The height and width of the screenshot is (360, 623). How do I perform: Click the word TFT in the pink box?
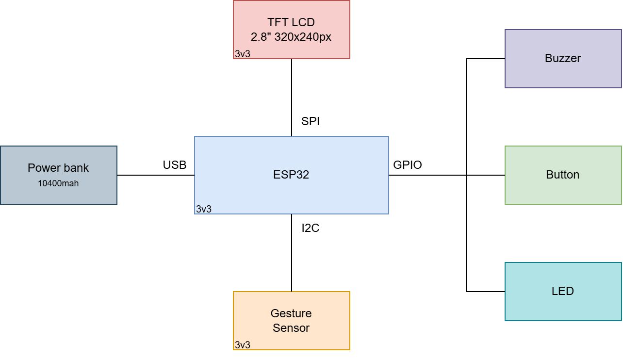(277, 22)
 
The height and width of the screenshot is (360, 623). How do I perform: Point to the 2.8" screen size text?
(261, 37)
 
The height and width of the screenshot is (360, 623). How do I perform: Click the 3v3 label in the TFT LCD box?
(243, 54)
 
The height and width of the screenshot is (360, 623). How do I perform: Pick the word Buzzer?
(563, 58)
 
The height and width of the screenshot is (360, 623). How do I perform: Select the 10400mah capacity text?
(58, 183)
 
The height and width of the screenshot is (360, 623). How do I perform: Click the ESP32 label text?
(291, 175)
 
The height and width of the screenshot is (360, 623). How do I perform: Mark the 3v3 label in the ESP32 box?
(204, 209)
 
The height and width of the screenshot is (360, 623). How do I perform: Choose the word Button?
(563, 175)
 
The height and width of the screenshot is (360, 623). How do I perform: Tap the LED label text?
(563, 291)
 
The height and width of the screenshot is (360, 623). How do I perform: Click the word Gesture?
(291, 313)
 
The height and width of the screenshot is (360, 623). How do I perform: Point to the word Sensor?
(291, 328)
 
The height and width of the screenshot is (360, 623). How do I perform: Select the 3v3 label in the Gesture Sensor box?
(243, 345)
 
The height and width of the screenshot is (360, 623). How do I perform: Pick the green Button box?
(563, 192)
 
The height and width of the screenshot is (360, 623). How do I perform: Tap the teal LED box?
(563, 308)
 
